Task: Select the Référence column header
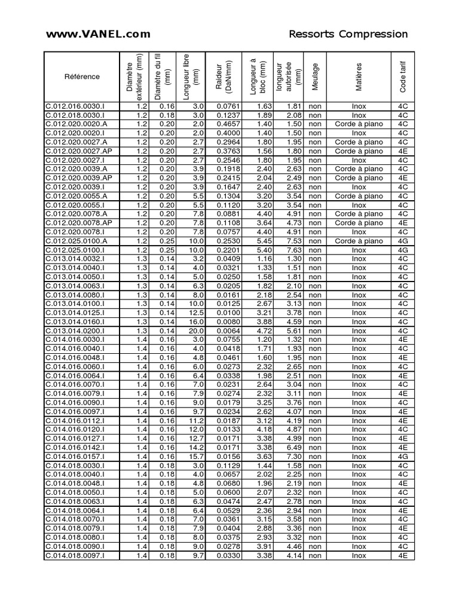(x=82, y=76)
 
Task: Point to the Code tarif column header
(x=402, y=76)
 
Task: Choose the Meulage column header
(x=315, y=76)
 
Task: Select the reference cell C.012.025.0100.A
(x=76, y=241)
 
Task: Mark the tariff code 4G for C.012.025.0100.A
(x=402, y=241)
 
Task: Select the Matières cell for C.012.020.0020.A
(x=359, y=124)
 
